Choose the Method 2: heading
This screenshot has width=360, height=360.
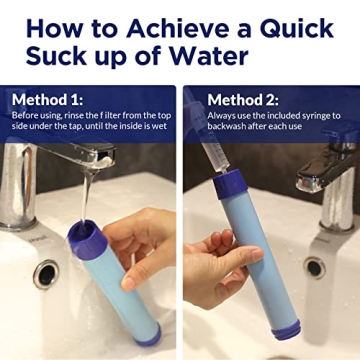(x=249, y=100)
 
